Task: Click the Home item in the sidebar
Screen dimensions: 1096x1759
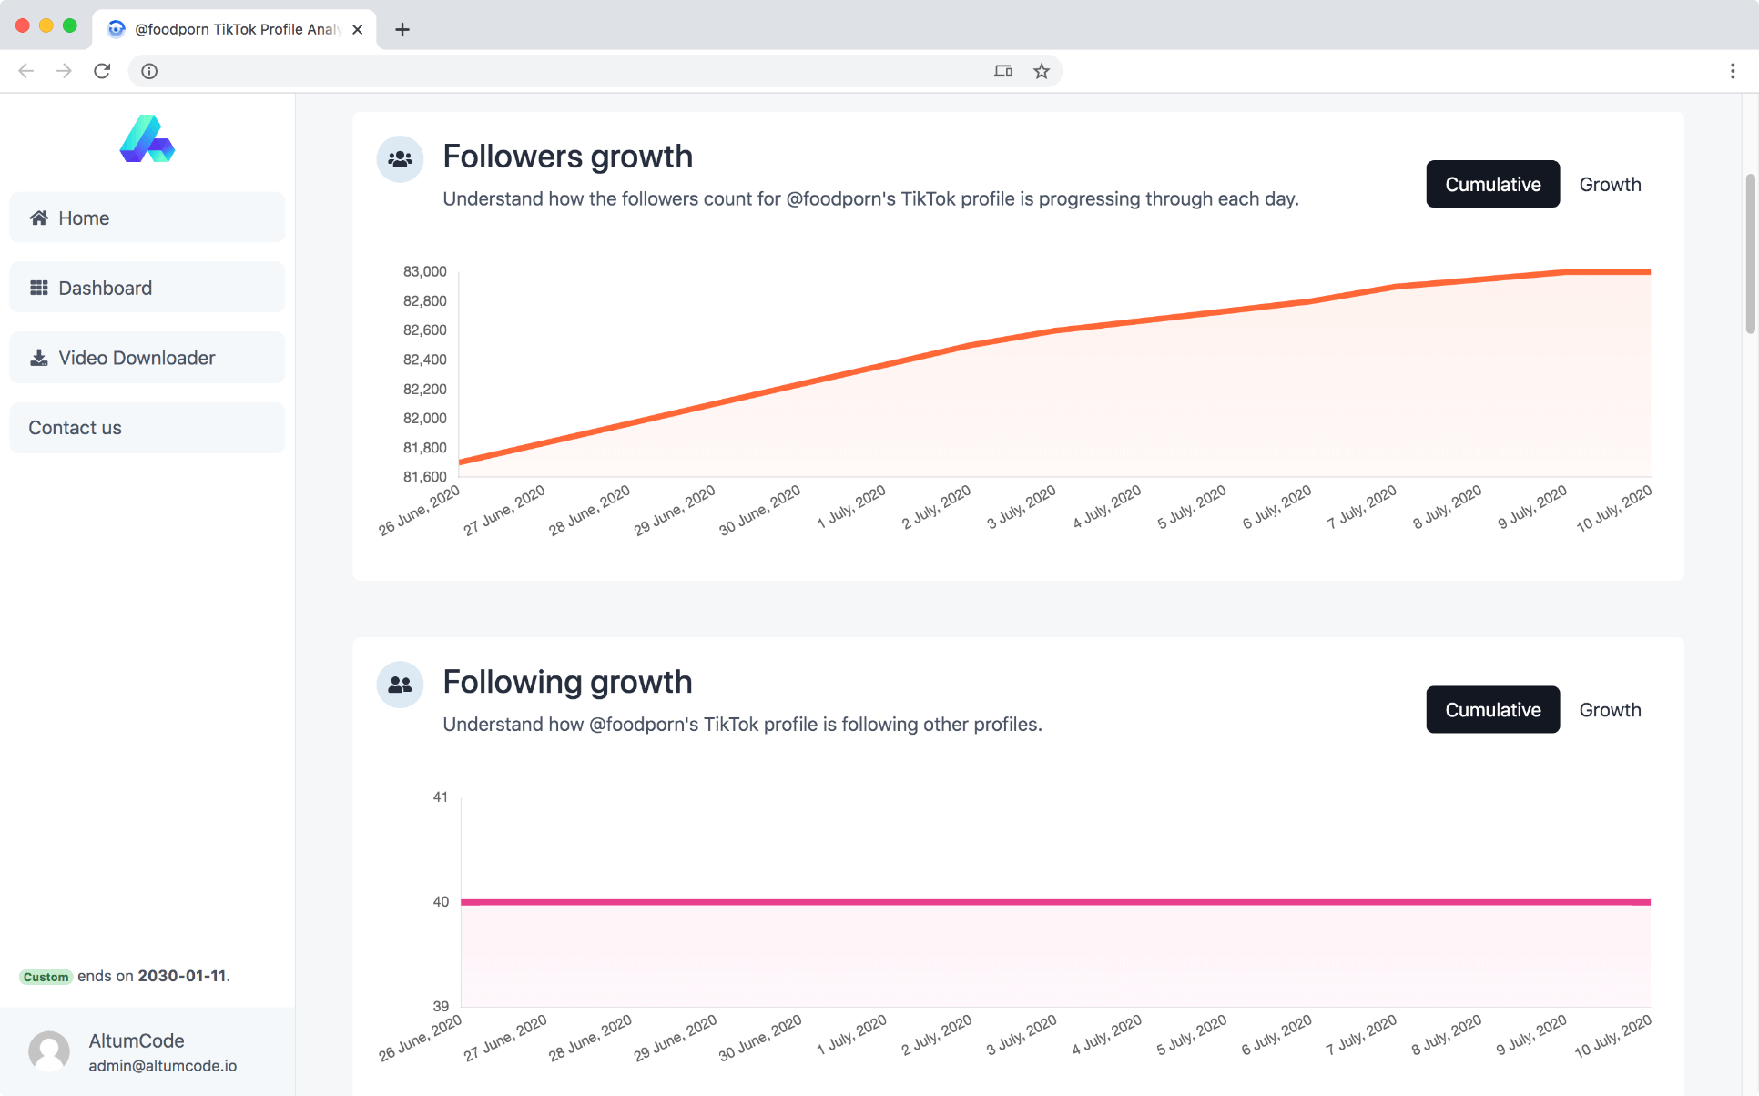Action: [147, 218]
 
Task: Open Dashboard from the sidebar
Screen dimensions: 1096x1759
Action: [147, 288]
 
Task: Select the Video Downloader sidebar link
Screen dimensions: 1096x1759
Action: [147, 358]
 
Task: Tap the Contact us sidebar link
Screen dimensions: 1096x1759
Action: [147, 428]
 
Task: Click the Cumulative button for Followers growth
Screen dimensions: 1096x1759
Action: [1492, 185]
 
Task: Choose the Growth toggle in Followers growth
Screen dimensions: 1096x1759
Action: [1610, 185]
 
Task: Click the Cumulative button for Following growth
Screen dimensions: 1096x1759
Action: [1492, 710]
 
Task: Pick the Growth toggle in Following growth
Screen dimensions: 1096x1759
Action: [1610, 710]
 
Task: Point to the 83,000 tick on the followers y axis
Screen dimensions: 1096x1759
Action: [424, 271]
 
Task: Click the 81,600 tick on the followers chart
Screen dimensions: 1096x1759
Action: [424, 476]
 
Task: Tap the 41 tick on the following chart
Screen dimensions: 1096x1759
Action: [441, 797]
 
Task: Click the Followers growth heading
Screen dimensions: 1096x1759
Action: [567, 157]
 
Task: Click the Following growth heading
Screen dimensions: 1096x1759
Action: [567, 682]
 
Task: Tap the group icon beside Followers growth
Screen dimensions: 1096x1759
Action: [400, 159]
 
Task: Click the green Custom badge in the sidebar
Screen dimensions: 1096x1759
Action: [46, 977]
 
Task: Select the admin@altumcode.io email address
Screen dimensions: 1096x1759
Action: [162, 1066]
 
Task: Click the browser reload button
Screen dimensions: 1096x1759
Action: [102, 71]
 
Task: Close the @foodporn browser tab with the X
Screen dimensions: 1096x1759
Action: [358, 29]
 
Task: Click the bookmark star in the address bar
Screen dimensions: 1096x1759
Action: [1042, 71]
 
